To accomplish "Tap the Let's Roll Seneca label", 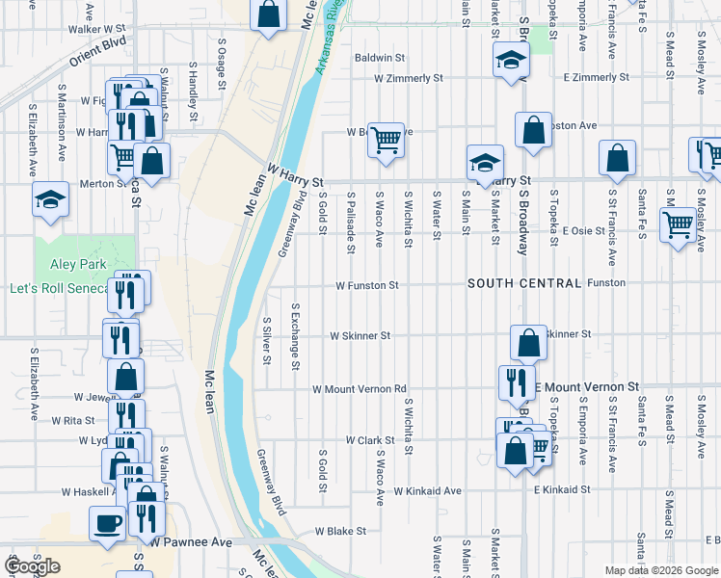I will click(58, 288).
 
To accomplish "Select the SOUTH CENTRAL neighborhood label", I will click(524, 283).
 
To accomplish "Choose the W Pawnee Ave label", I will click(191, 542).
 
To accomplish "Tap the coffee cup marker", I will click(106, 523).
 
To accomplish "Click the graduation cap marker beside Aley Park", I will click(50, 199).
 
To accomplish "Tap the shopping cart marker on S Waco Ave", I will click(386, 139).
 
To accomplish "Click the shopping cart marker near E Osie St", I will click(678, 224).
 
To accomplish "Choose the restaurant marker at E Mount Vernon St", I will click(517, 382).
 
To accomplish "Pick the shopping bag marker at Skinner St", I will click(528, 342).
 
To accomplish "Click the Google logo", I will click(33, 566).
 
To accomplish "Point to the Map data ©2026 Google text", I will click(661, 570).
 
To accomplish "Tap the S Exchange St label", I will click(296, 335).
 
